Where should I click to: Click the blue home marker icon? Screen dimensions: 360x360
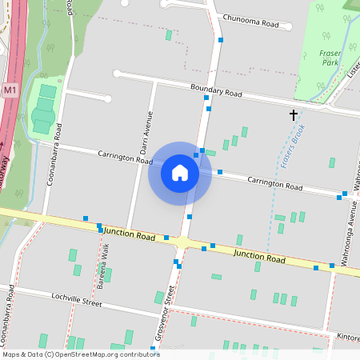pyautogui.click(x=180, y=173)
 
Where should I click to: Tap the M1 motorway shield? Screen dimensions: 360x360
pyautogui.click(x=10, y=90)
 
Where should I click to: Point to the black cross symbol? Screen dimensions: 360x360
pyautogui.click(x=294, y=115)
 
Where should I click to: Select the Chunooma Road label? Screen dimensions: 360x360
pyautogui.click(x=251, y=24)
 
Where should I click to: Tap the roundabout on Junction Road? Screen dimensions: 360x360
pyautogui.click(x=184, y=242)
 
